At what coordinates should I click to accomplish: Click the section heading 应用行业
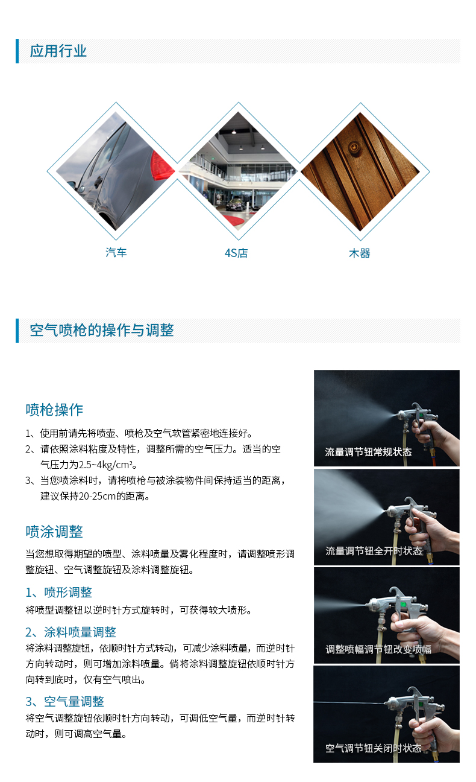point(58,51)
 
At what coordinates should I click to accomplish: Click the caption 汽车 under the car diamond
point(116,252)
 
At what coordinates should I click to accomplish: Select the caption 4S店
point(236,253)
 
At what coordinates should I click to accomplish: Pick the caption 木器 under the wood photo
point(360,253)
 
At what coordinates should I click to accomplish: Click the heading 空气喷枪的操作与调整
point(101,330)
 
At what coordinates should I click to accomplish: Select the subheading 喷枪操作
point(54,410)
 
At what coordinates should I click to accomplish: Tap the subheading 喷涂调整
point(54,532)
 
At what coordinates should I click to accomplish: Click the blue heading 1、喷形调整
point(58,592)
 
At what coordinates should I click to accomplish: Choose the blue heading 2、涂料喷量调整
point(70,632)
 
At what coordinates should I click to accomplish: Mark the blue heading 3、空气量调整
point(65,701)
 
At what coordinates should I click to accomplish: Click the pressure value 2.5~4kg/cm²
point(105,465)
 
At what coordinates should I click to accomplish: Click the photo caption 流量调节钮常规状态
point(368,452)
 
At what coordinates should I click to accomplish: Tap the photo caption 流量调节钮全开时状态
point(374,551)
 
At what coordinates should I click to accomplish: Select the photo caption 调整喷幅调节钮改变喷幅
point(378,649)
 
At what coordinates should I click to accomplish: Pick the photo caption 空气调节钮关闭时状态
point(373,748)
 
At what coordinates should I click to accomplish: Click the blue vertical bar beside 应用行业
point(17,51)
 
